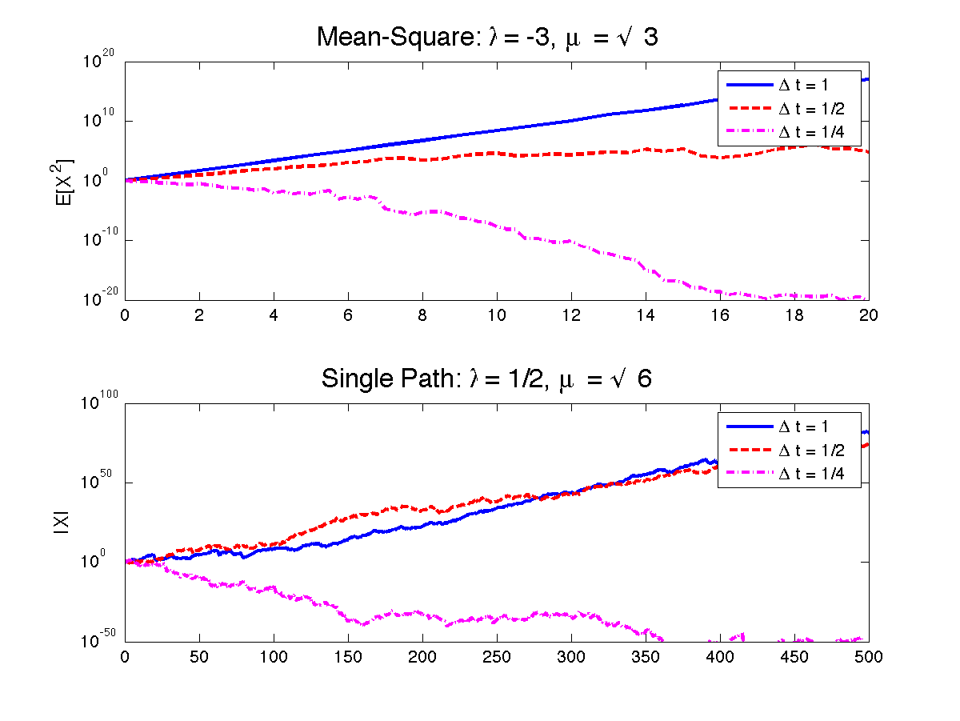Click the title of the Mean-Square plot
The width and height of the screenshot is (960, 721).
point(488,37)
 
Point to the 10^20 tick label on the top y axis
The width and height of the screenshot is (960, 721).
point(102,58)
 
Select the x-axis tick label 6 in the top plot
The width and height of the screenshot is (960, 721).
point(348,314)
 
